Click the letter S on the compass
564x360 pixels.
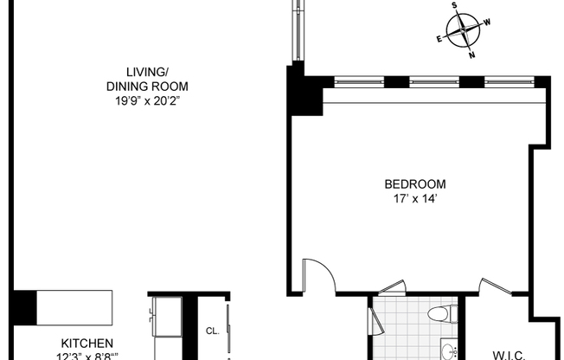(454, 5)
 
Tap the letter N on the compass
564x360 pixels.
(471, 55)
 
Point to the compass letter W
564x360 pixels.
(487, 22)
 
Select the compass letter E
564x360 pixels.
(439, 39)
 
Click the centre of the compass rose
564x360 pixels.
(464, 30)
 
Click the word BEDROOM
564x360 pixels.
(415, 183)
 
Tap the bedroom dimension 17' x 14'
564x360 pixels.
(415, 199)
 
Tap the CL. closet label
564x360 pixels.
(212, 331)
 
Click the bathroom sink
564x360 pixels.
(448, 350)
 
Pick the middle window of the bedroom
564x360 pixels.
(433, 83)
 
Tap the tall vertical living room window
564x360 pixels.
(298, 30)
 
